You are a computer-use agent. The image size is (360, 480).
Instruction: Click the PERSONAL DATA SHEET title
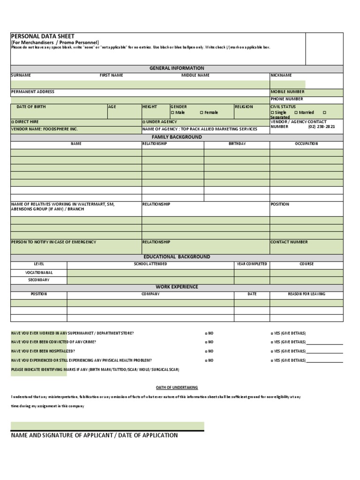click(43, 36)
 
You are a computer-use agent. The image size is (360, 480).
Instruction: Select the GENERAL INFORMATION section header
click(177, 68)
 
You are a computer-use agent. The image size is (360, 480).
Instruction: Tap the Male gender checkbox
click(172, 112)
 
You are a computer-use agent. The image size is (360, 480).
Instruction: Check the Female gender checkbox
click(202, 112)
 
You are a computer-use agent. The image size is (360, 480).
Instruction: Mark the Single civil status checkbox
click(272, 112)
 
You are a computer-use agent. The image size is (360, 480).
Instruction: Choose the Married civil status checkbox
click(296, 112)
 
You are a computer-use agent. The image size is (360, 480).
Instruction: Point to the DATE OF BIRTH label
click(31, 107)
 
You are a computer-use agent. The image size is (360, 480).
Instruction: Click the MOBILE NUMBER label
click(287, 92)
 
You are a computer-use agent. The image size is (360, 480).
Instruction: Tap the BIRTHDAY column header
click(237, 144)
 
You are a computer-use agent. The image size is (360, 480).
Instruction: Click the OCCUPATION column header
click(306, 144)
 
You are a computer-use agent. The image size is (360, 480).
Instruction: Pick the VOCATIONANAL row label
click(39, 272)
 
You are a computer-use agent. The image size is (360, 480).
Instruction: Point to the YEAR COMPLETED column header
click(252, 264)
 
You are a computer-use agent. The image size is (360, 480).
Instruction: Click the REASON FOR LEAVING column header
click(306, 294)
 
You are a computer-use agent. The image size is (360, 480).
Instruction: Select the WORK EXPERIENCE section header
click(177, 286)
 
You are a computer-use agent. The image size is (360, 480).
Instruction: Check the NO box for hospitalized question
click(206, 351)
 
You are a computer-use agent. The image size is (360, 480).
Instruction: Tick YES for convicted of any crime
click(272, 342)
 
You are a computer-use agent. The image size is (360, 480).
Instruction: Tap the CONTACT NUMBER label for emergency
click(289, 242)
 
